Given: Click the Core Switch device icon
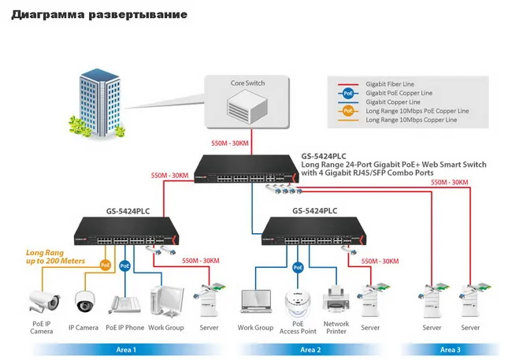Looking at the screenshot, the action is (247, 106).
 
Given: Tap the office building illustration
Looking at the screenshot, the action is (97, 103).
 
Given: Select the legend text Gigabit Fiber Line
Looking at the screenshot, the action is (390, 84).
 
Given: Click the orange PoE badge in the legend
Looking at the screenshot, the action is (348, 111).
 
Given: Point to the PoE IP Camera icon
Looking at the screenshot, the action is (44, 301).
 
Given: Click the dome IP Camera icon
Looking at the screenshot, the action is (85, 302).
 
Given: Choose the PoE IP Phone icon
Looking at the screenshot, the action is (124, 305).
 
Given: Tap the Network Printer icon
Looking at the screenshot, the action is (336, 298).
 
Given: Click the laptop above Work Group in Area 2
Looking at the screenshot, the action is (256, 301).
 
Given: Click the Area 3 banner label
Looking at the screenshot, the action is (451, 350).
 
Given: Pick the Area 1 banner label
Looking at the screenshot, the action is (126, 350).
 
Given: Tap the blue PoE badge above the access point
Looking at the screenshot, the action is (298, 268).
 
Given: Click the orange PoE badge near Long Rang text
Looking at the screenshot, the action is (105, 265).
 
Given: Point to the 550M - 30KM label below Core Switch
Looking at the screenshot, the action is (229, 143).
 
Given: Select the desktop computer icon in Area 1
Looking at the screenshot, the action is (167, 302).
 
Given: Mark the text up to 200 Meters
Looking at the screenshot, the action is (55, 261).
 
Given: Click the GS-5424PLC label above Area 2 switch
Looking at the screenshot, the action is (315, 211).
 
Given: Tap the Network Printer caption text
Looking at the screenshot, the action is (336, 328).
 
